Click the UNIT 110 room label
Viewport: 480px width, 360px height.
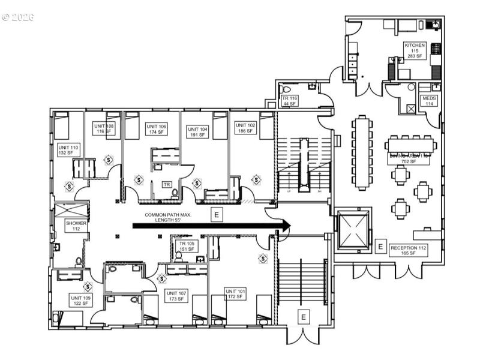68,150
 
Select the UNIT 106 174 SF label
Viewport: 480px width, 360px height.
156,129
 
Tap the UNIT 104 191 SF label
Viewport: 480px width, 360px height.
197,132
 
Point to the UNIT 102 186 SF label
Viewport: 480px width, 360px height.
246,127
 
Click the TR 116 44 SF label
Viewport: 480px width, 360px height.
290,100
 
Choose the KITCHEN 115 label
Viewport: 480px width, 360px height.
415,50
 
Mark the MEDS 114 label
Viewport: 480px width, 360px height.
429,100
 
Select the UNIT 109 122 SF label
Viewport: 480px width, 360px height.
80,301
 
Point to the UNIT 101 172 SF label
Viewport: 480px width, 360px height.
236,293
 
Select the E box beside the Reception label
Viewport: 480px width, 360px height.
380,247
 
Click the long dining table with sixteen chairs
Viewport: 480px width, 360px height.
361,152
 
